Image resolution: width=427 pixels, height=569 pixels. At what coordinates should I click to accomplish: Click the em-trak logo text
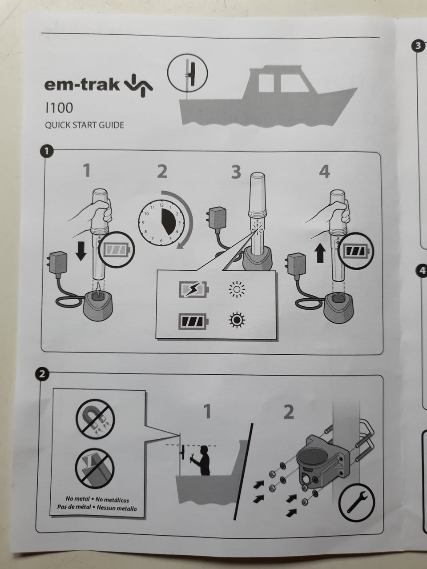pyautogui.click(x=81, y=84)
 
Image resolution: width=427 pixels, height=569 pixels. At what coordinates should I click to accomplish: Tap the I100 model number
pyautogui.click(x=59, y=108)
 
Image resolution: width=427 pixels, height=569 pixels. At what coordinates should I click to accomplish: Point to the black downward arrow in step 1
pyautogui.click(x=81, y=251)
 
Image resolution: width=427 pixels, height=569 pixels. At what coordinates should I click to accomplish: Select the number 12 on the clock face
pyautogui.click(x=161, y=205)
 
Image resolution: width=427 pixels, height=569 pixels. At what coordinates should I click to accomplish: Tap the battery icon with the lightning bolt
pyautogui.click(x=193, y=289)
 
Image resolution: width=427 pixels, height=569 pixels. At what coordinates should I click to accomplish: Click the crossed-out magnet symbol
pyautogui.click(x=95, y=419)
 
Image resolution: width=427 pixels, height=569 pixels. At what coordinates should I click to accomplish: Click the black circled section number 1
pyautogui.click(x=47, y=152)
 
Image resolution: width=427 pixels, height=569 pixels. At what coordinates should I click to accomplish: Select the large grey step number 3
pyautogui.click(x=236, y=172)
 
